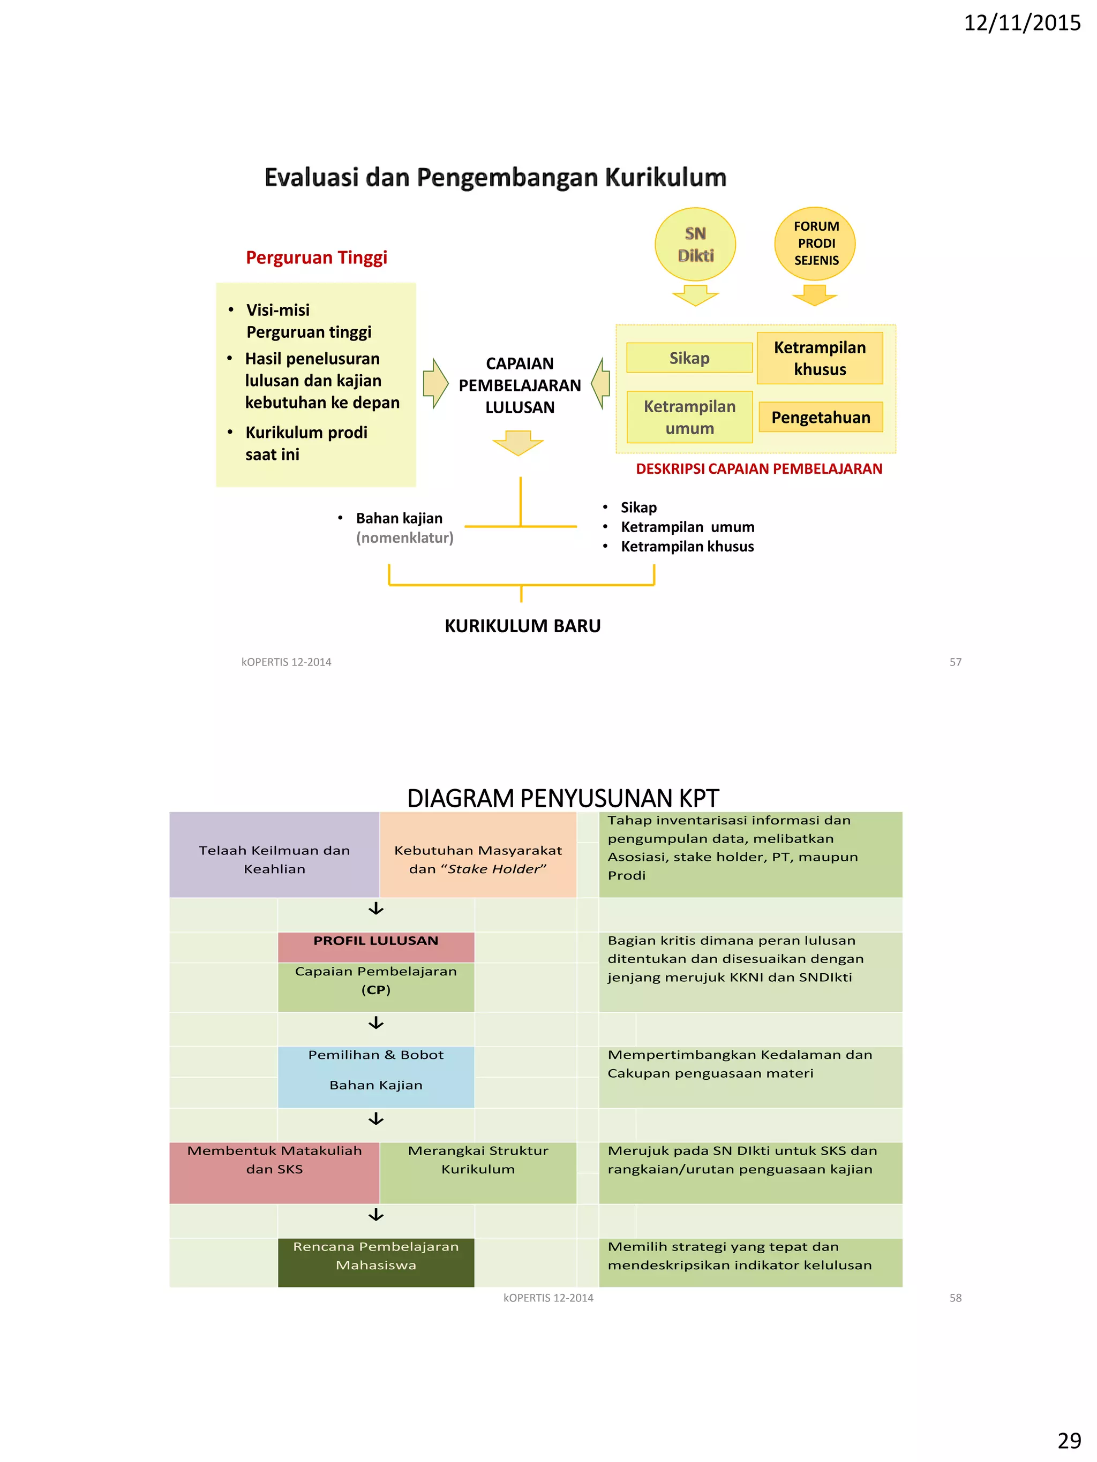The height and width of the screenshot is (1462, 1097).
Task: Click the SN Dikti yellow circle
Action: point(694,244)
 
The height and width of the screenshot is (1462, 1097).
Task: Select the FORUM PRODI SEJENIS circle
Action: point(815,243)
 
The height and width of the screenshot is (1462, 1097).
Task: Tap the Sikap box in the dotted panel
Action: point(688,358)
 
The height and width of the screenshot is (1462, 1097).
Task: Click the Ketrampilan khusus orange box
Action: point(820,358)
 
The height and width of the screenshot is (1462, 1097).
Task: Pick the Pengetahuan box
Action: point(820,417)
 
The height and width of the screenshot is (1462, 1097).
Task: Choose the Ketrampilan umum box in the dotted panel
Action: point(689,417)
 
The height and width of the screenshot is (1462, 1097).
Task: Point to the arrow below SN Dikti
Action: point(695,295)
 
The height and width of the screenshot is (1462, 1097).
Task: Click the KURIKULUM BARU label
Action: point(522,625)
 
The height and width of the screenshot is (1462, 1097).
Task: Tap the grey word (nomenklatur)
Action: point(404,537)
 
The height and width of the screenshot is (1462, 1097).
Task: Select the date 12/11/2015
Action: point(1021,23)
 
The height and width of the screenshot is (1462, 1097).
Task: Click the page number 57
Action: point(955,662)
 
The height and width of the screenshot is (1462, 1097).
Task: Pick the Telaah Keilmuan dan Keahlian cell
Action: point(274,859)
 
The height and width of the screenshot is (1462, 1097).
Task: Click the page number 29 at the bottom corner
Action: point(1069,1440)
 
